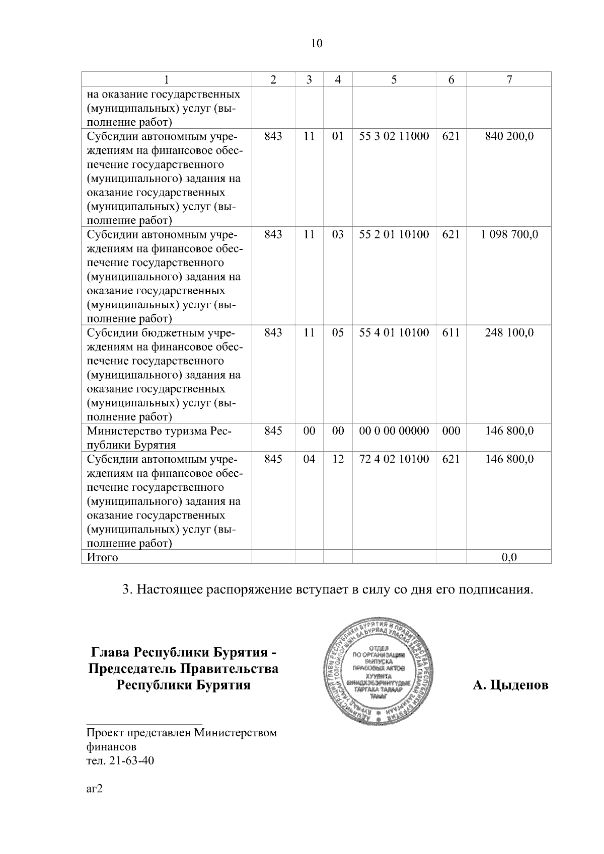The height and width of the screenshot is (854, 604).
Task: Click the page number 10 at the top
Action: tap(317, 43)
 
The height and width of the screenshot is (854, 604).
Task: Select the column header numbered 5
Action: tap(394, 79)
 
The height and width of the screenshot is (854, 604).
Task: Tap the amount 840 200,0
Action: tap(509, 136)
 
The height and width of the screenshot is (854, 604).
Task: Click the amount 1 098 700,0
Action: tap(509, 234)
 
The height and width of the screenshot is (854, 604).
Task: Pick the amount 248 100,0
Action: tap(509, 333)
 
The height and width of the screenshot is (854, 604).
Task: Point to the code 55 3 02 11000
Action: tap(394, 136)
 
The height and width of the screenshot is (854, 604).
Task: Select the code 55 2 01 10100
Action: tap(394, 234)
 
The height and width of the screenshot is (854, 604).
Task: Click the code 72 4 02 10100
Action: tap(394, 459)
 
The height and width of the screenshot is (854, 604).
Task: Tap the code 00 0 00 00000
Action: tap(394, 431)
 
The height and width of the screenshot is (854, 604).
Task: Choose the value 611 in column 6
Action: tap(451, 333)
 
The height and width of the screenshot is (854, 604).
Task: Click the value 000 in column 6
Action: tap(451, 431)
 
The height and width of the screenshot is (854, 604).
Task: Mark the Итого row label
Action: tap(103, 557)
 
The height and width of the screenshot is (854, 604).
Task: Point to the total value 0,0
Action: tap(509, 557)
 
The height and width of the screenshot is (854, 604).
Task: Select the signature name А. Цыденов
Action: tap(510, 686)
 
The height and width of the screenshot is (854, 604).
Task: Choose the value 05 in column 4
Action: tap(338, 333)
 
